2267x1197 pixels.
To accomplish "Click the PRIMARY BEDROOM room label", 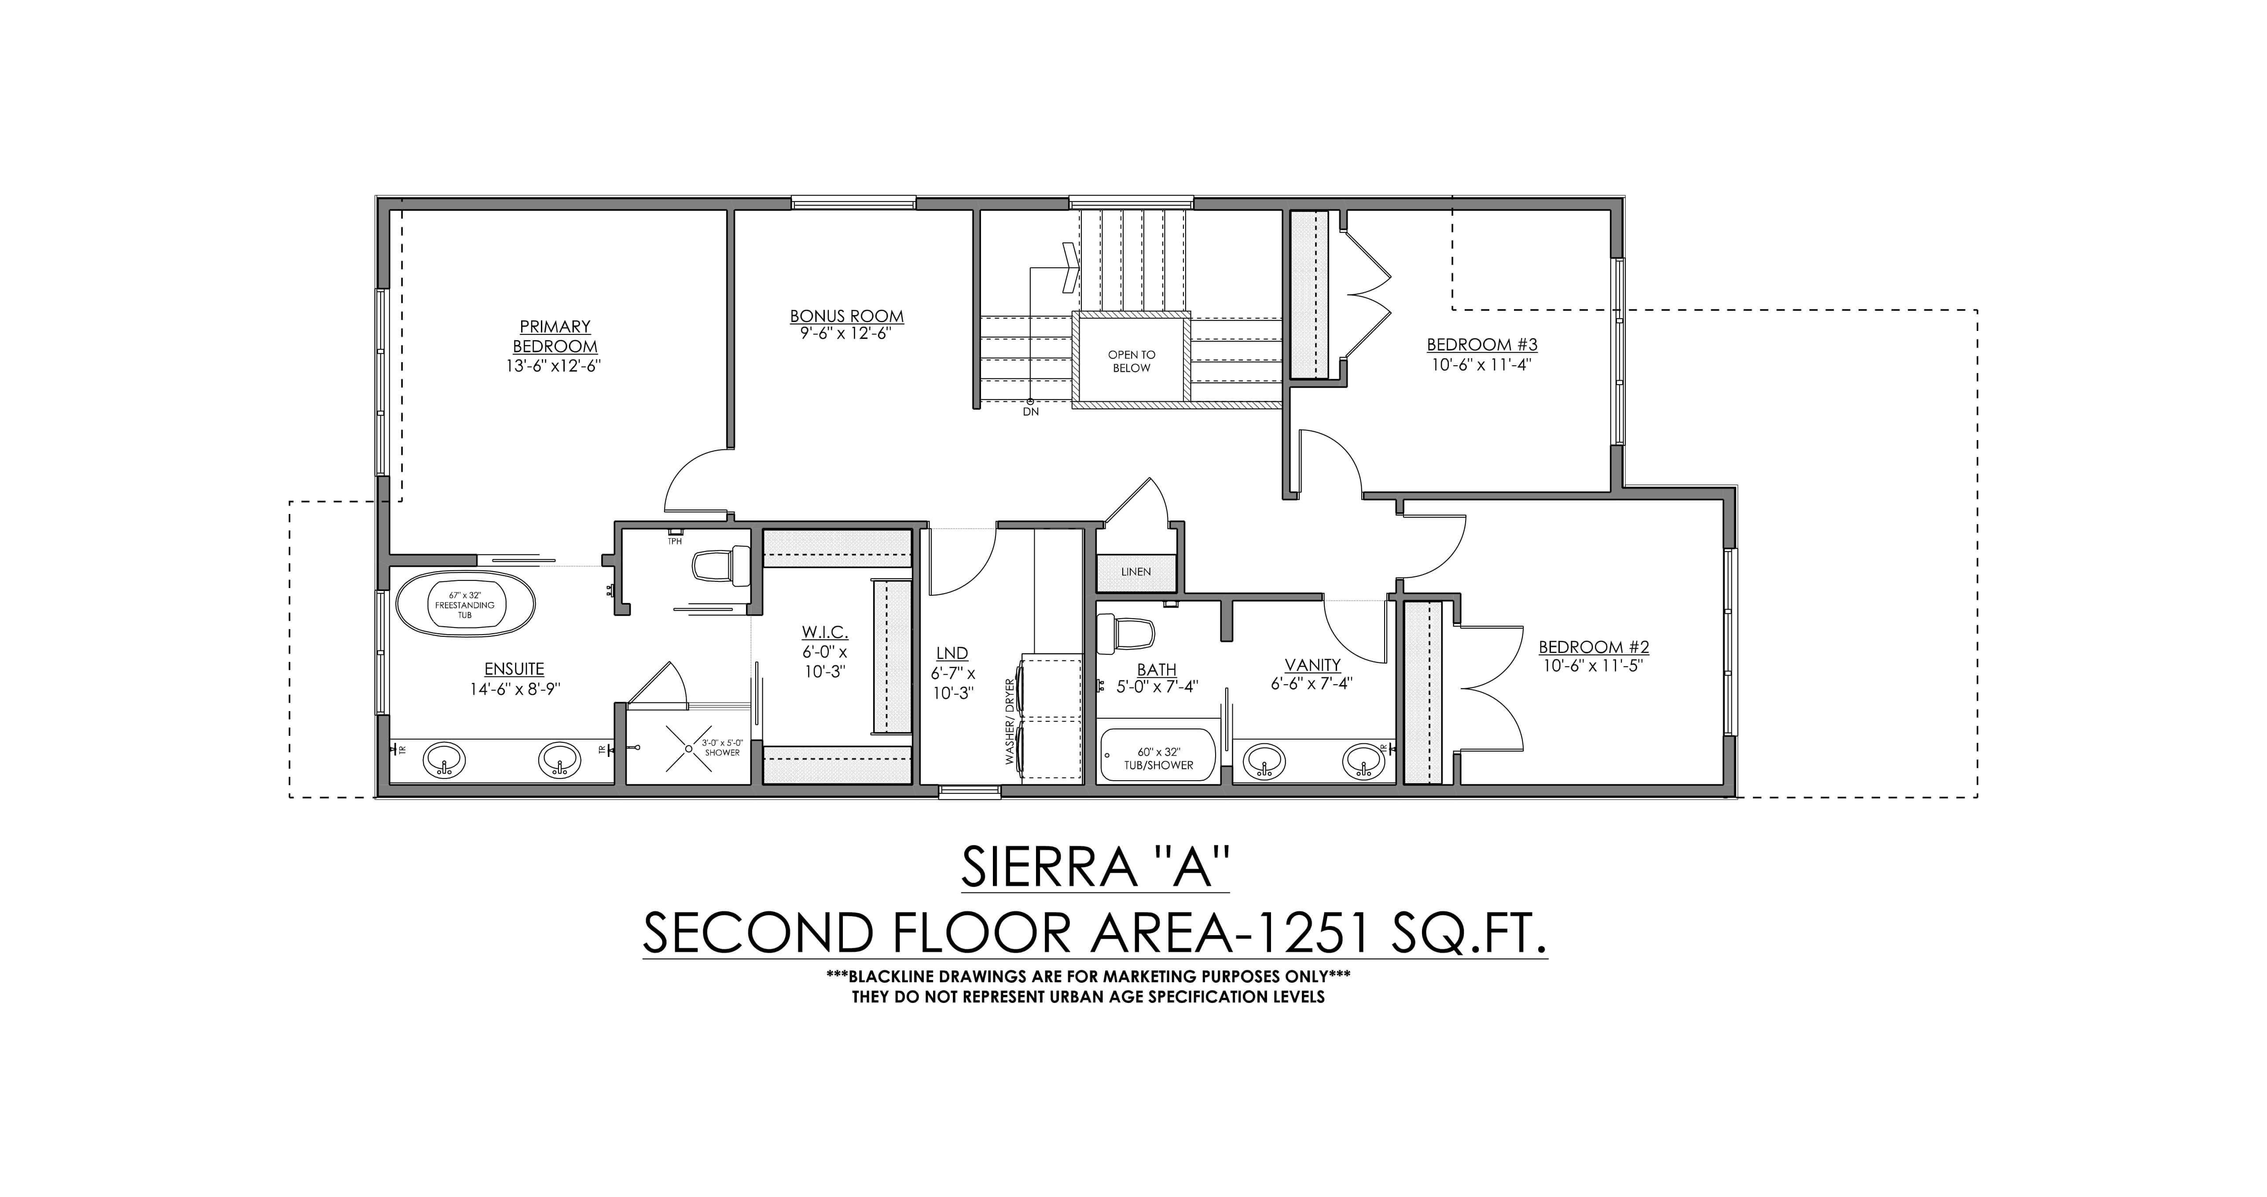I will tap(555, 336).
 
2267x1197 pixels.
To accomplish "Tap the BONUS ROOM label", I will tap(847, 316).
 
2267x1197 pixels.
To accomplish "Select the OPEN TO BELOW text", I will tap(1132, 361).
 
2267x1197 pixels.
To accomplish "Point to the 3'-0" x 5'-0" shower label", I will tap(722, 747).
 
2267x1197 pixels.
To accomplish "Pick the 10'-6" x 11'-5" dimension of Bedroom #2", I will tap(1593, 666).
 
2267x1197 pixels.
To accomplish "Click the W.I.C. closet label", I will tap(825, 632).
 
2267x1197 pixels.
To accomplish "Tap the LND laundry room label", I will tap(952, 653).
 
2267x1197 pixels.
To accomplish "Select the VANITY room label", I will tap(1312, 665).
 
